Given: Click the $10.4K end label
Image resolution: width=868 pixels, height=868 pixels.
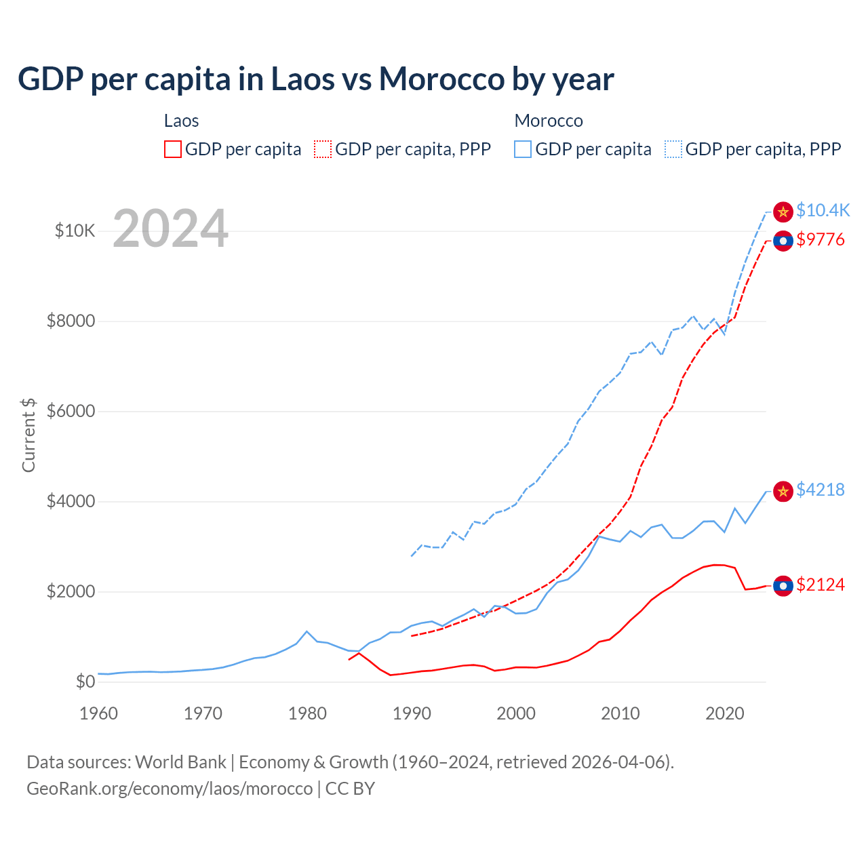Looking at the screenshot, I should point(823,211).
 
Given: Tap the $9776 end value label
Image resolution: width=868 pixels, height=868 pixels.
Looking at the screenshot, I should point(821,239).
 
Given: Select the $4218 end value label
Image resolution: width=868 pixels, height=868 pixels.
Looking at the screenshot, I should point(821,490).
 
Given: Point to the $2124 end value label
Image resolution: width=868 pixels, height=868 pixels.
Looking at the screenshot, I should point(821,585).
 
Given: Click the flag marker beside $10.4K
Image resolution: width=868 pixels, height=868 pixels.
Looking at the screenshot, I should point(783,212).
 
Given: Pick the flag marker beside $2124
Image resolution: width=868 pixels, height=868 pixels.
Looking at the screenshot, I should point(783,586).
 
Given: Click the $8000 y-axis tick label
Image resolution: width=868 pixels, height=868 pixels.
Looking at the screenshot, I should point(71,321).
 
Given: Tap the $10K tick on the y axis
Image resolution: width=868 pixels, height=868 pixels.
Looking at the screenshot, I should point(75,231).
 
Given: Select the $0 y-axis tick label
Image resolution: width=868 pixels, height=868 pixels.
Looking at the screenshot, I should point(85,682).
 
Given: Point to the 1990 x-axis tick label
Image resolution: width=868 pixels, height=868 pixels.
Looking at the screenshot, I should point(412,713).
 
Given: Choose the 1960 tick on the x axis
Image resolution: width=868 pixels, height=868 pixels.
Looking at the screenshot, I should point(98,713).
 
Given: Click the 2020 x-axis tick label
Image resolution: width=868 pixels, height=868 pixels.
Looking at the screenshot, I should point(725,713).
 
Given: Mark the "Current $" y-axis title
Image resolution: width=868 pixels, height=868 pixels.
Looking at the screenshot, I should point(28,435).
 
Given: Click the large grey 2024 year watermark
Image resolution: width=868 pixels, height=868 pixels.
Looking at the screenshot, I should point(170,229).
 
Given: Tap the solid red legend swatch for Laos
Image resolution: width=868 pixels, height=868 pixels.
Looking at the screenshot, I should point(173,149).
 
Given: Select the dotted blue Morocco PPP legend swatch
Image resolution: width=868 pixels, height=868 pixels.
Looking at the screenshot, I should point(673,149).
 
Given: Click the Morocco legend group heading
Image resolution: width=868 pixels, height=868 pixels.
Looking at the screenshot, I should point(549,121).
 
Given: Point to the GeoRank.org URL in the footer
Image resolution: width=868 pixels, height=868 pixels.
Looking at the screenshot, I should point(170,789).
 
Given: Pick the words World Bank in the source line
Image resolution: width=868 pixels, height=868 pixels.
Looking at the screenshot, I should point(180,762).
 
